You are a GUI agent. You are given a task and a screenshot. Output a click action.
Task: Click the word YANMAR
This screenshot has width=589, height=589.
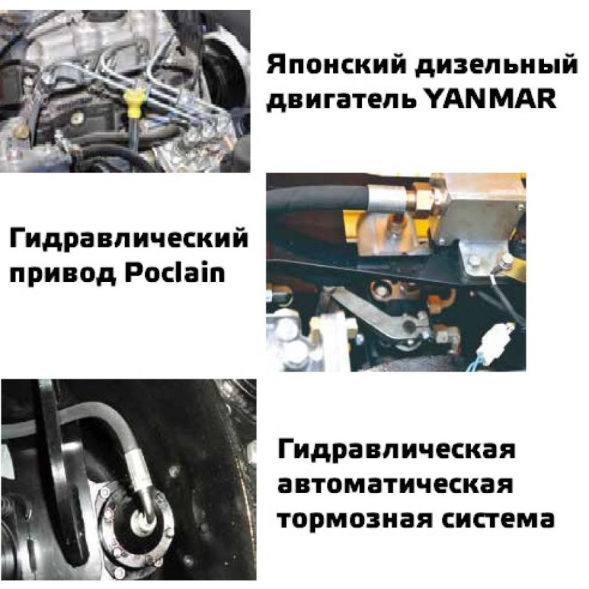pyautogui.click(x=491, y=99)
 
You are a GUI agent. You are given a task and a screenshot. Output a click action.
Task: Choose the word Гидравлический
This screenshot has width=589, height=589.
pyautogui.click(x=129, y=241)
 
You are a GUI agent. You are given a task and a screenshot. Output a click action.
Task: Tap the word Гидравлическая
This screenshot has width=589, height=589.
pyautogui.click(x=397, y=449)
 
